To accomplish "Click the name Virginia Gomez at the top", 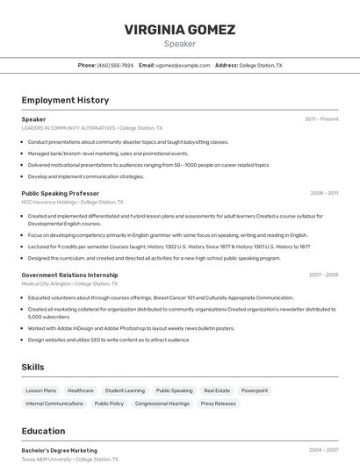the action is coord(180,30).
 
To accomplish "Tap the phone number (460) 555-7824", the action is coord(115,65).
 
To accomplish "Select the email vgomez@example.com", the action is coord(183,65).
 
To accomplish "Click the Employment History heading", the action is coord(65,100).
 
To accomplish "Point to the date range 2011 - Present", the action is coord(321,118).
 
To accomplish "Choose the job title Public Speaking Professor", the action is coord(60,193).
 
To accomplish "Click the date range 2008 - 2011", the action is coord(323,193).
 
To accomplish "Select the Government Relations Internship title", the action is coord(69,275).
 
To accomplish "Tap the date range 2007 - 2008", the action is coord(323,275).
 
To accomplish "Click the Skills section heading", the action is coord(32,367).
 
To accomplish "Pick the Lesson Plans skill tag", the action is coord(41,390).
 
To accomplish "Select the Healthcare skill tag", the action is coord(81,390).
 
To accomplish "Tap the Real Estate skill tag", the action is coord(217,390).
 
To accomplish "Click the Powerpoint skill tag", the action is coord(255,390).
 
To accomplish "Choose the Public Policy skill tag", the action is coord(109,404).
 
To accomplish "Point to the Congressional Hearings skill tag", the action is coord(162,404).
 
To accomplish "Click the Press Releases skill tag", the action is coord(218,404).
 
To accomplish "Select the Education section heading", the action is coord(43,431).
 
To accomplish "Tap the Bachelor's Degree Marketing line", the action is coord(59,450).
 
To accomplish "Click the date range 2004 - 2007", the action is coord(323,450).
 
